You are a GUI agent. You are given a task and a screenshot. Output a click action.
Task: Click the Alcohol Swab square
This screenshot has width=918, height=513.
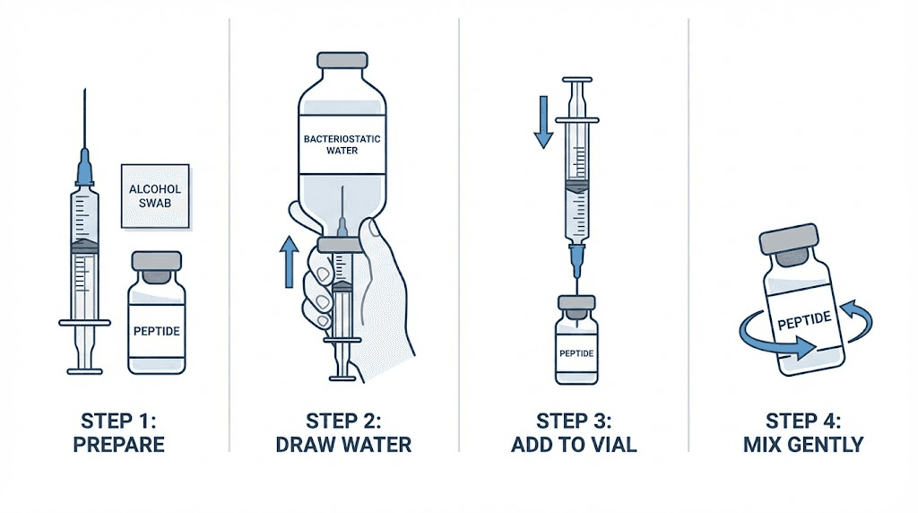155,195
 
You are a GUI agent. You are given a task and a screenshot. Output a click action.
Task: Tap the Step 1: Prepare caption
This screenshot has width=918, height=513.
123,431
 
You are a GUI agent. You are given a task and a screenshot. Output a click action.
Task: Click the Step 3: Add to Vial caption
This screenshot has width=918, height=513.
574,431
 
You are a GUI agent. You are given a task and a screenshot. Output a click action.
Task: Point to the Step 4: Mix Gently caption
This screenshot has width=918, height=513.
803,431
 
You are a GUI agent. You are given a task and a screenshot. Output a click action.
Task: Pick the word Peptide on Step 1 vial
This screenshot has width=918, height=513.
156,331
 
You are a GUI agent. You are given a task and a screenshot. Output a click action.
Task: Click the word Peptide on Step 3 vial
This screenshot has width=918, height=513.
576,352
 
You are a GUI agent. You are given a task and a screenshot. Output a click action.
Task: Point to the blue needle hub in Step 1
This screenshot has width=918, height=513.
85,169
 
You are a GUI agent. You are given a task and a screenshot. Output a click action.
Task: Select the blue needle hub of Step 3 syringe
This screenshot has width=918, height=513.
576,259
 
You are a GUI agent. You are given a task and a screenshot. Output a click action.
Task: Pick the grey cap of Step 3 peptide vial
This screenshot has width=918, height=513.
576,306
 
